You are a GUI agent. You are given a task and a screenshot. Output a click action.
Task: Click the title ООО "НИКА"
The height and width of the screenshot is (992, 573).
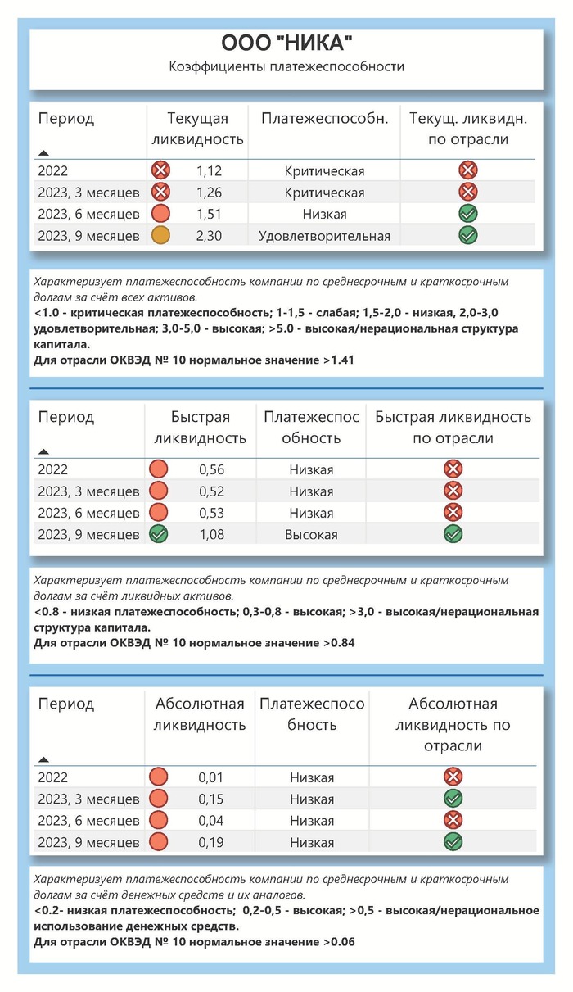tap(286, 43)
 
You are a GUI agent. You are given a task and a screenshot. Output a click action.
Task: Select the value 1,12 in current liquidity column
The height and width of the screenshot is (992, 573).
tap(209, 171)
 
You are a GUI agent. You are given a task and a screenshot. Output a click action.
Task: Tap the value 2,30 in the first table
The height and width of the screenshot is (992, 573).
tap(209, 236)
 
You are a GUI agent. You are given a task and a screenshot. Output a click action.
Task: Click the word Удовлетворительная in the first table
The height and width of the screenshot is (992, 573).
tap(324, 236)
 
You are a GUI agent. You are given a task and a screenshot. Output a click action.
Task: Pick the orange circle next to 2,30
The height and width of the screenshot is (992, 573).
tap(160, 236)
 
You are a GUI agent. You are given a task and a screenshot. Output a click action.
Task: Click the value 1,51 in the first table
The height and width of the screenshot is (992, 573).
tap(209, 215)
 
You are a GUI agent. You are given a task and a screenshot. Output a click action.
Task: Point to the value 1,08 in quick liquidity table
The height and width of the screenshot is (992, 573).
tap(211, 534)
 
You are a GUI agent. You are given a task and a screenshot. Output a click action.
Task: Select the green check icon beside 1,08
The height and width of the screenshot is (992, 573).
tap(159, 534)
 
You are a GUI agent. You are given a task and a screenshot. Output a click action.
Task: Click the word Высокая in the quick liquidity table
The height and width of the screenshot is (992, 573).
tap(311, 534)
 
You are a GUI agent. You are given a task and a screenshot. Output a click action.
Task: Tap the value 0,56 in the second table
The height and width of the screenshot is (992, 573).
tap(211, 469)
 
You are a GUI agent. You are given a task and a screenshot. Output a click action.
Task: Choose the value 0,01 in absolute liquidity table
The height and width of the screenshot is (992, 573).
tap(210, 777)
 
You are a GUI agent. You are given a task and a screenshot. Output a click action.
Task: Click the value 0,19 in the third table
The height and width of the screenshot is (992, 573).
tap(210, 842)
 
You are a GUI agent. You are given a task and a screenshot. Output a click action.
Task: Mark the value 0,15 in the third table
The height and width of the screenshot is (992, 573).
tap(210, 799)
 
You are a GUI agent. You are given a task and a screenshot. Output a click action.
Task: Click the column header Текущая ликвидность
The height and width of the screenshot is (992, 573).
tap(197, 129)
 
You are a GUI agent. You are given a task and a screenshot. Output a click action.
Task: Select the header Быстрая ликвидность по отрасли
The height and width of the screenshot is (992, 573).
tap(453, 427)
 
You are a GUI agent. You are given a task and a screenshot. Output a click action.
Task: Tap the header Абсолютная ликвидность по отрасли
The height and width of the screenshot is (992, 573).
tap(453, 724)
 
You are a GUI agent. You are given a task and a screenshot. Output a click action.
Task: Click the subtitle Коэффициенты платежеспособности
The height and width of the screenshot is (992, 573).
tap(286, 66)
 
